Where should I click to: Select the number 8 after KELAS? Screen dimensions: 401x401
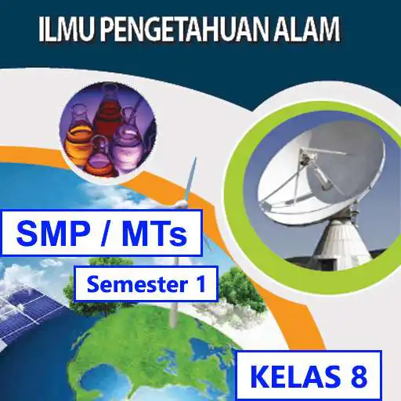pos(358,377)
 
